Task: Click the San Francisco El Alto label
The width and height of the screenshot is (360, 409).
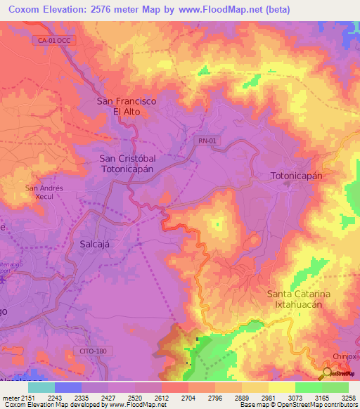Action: pyautogui.click(x=126, y=106)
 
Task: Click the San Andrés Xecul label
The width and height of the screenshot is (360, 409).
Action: pyautogui.click(x=44, y=193)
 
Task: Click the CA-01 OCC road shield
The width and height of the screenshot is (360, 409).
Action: pyautogui.click(x=55, y=41)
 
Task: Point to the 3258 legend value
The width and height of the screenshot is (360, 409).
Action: pyautogui.click(x=349, y=398)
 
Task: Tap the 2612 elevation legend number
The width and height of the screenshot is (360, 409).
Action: pyautogui.click(x=162, y=398)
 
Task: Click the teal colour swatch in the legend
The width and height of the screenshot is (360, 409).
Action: pyautogui.click(x=41, y=387)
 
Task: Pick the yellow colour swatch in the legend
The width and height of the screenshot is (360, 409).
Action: pyautogui.click(x=281, y=387)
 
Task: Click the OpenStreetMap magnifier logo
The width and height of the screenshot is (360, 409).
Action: pyautogui.click(x=328, y=374)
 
